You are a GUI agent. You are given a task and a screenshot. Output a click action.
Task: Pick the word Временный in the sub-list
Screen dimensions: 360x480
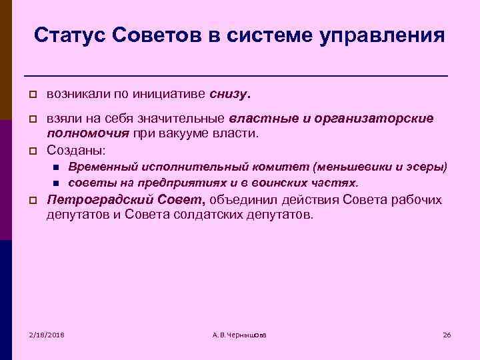[101, 167]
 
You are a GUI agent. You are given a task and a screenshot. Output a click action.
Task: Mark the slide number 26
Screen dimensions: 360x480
[447, 334]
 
